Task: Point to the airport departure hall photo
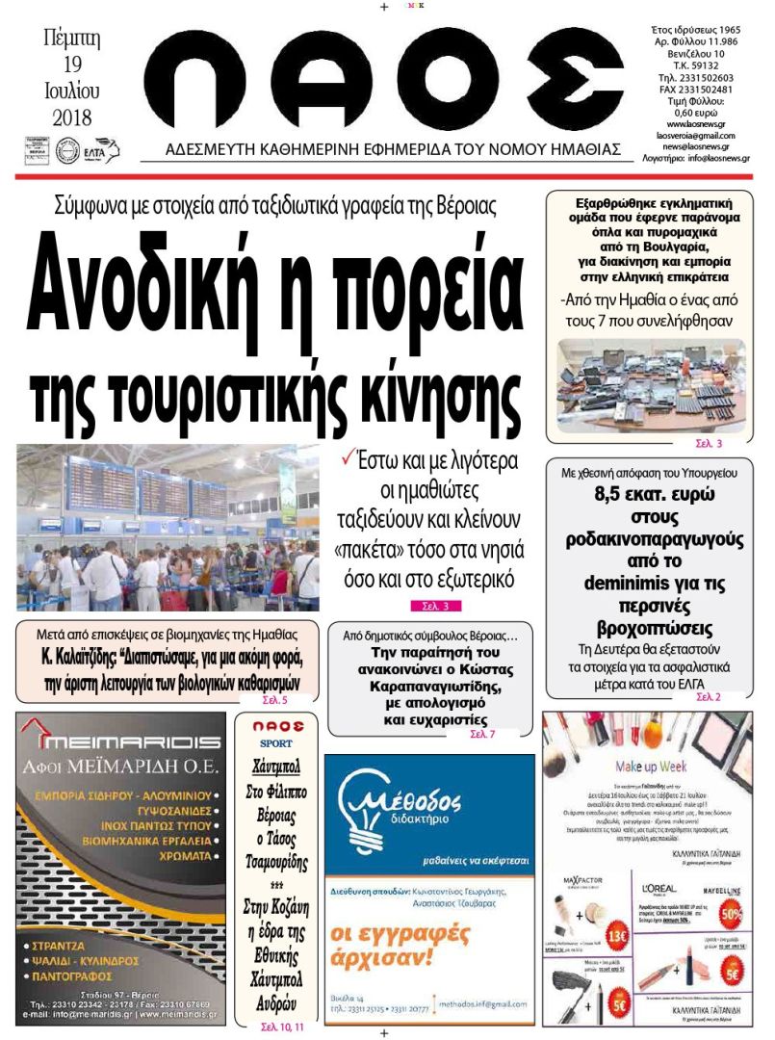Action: point(168,527)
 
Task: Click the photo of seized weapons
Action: point(651,385)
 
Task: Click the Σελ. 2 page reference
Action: point(708,696)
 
